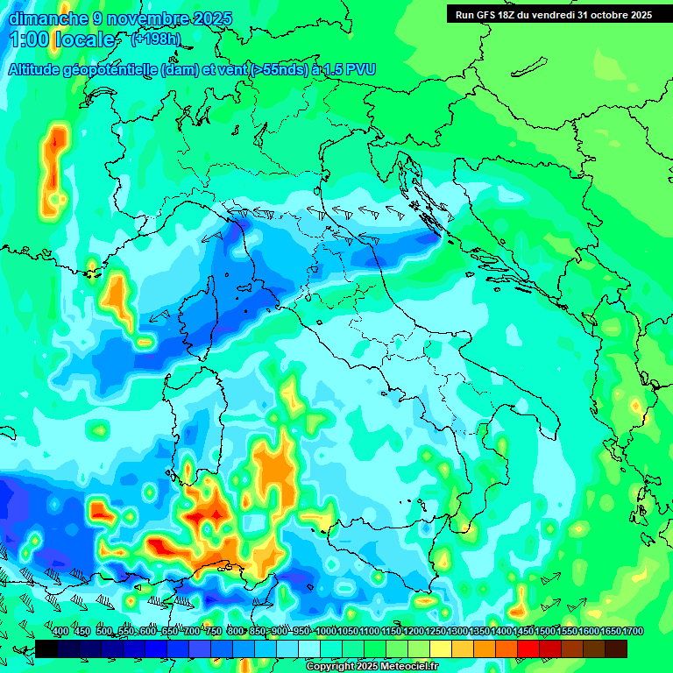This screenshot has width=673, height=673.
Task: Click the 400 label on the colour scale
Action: tap(60, 631)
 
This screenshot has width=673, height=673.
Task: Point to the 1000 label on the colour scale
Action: tap(326, 631)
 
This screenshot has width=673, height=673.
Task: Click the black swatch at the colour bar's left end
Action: tap(46, 648)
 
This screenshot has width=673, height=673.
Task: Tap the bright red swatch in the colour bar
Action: tap(528, 648)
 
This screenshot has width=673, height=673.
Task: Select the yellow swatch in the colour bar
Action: tap(441, 648)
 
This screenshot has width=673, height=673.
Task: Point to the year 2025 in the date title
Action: tap(211, 18)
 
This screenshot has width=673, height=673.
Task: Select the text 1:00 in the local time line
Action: tap(28, 40)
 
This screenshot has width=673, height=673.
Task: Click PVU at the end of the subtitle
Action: tap(357, 70)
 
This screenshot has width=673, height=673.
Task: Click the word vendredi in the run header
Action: tap(554, 15)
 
